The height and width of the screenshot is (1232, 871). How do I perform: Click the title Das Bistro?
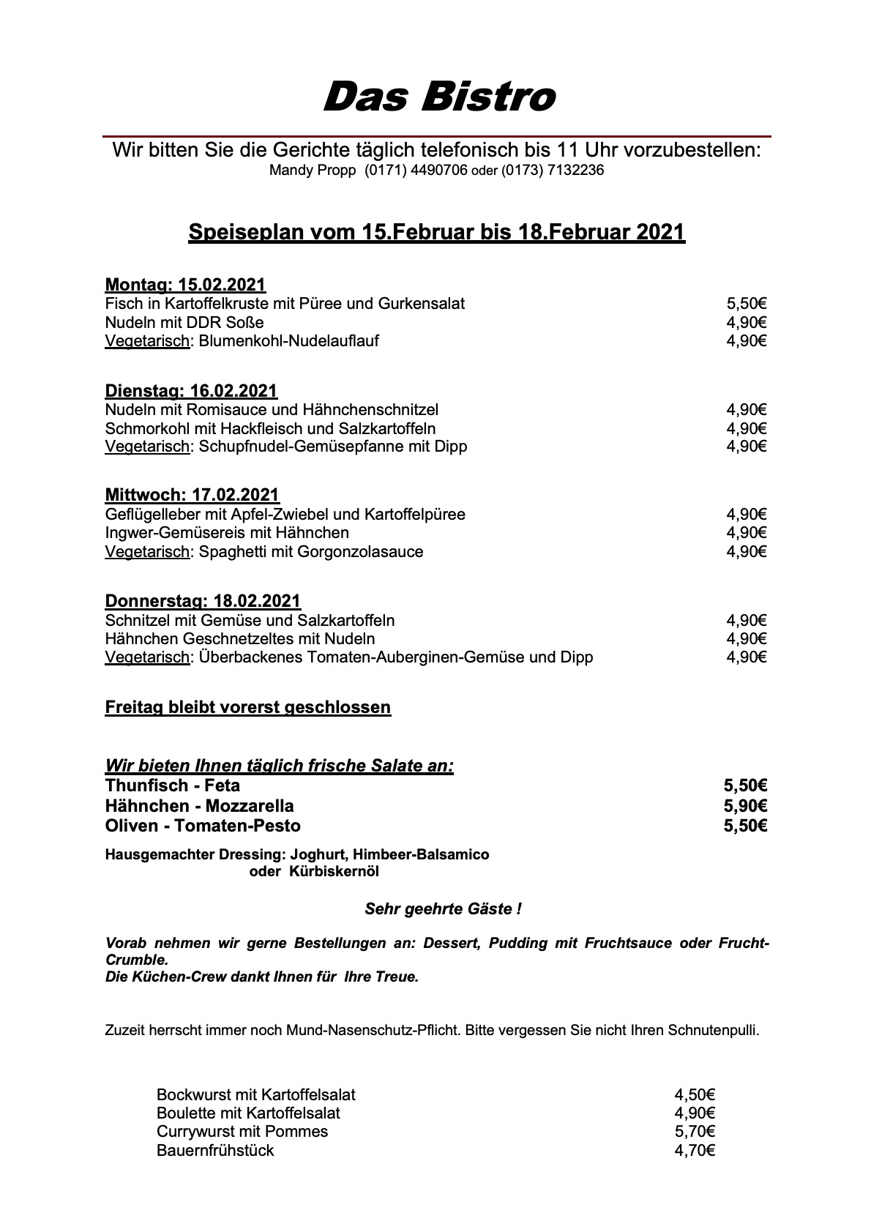coord(438,97)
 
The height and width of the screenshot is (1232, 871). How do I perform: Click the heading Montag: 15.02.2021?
coord(185,284)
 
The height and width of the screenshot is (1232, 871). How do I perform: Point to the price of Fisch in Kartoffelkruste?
coord(746,304)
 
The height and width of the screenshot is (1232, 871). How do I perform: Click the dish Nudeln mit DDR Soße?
coord(184,323)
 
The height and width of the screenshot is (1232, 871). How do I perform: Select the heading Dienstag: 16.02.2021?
coord(191,390)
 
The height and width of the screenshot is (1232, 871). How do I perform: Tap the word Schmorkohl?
coord(141,428)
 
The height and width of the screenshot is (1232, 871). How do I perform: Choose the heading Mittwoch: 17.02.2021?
coord(192,495)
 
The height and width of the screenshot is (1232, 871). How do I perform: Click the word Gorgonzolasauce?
coord(360,552)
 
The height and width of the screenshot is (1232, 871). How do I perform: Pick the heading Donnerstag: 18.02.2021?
coord(203,601)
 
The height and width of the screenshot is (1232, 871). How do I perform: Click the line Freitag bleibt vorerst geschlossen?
coord(248,708)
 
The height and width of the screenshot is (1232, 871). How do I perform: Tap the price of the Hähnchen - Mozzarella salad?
coord(745,807)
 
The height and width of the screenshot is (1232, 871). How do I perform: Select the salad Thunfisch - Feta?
coord(173,786)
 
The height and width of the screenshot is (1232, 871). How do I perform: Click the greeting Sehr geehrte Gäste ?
coord(443,909)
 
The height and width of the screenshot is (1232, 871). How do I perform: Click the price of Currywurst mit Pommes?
coord(695,1132)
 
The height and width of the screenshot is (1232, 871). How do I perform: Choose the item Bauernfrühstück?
coord(215,1151)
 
